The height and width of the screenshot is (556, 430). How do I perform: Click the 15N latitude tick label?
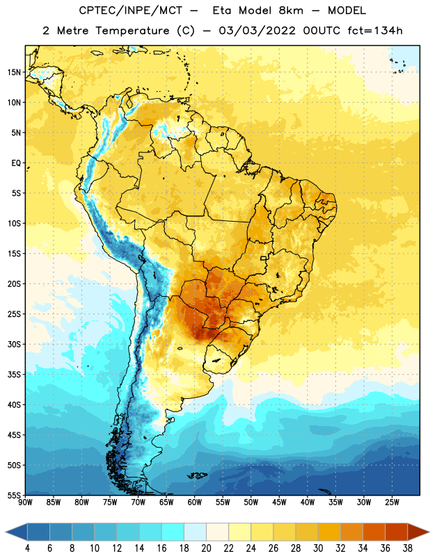tap(14, 72)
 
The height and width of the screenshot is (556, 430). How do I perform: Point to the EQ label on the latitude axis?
tap(16, 163)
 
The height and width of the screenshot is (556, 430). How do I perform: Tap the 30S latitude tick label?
tap(14, 344)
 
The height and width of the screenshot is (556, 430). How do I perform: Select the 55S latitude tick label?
tap(14, 496)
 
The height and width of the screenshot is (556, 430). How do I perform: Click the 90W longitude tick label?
tap(25, 502)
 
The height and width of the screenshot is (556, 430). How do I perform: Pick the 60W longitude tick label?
tap(195, 502)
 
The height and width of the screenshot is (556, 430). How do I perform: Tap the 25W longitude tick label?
tap(392, 502)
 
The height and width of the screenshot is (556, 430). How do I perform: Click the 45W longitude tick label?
tap(279, 502)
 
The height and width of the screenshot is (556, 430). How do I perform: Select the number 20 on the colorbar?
tap(206, 548)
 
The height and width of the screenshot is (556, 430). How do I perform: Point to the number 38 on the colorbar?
tap(408, 548)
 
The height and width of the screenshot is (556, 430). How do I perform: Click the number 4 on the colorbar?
tap(27, 548)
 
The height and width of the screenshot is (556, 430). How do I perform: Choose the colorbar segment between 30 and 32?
tap(329, 532)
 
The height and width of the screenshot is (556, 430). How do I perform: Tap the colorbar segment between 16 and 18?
tap(173, 532)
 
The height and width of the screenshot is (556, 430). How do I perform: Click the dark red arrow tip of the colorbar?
tap(428, 532)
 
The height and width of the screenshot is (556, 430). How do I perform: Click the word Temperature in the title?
tap(132, 31)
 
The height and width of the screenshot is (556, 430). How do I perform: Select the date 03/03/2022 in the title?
tap(257, 31)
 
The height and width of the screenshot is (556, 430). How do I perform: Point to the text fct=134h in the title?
tap(375, 31)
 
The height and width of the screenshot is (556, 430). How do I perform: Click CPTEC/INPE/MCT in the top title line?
tap(130, 10)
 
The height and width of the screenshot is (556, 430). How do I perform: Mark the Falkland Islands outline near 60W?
tap(198, 475)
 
